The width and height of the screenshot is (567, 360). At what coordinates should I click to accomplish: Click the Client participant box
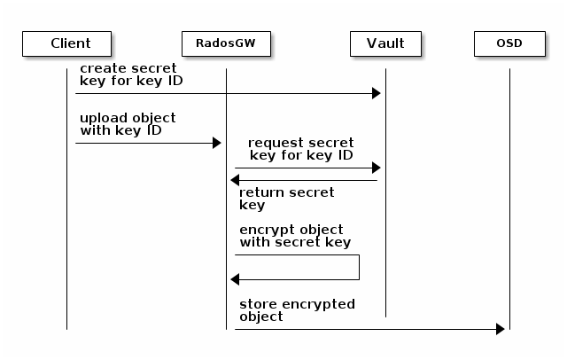coord(67,43)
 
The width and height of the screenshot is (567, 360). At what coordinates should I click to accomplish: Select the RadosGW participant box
coord(226,43)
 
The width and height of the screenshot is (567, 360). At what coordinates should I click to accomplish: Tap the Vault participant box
coord(385,43)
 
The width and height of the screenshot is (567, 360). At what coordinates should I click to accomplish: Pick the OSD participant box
coord(509,43)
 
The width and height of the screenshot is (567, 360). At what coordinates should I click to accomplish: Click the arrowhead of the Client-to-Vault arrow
coord(376,93)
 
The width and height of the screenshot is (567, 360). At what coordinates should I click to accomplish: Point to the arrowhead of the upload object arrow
coord(216,143)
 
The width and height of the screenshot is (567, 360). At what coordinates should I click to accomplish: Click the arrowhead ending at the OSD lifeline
coord(500,329)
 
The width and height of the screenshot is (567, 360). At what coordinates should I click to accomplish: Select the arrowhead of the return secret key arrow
coord(236,181)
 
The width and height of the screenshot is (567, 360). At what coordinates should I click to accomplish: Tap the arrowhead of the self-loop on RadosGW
coord(236,279)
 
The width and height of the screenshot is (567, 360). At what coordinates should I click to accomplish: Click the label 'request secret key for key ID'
coord(301,149)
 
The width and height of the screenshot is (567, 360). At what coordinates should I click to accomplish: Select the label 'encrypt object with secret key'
coord(294,236)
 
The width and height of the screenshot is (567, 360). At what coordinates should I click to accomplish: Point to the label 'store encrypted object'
coord(297,310)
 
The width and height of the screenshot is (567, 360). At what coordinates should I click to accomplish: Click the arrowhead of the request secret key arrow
coord(376,168)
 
